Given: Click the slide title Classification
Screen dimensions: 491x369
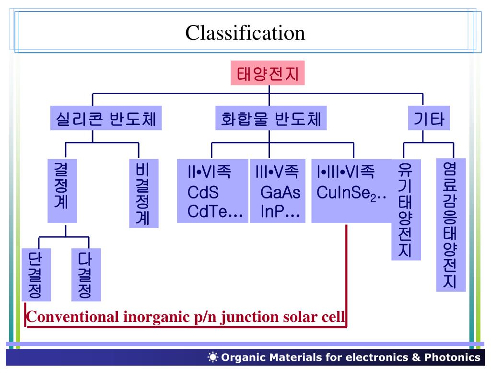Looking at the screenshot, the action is (x=245, y=33).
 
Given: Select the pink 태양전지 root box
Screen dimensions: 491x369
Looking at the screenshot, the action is (x=268, y=74).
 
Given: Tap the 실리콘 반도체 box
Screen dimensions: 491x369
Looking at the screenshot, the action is (x=106, y=118).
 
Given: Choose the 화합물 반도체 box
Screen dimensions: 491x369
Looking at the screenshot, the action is (x=271, y=118).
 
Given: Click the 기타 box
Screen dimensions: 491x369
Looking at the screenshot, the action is (x=429, y=118).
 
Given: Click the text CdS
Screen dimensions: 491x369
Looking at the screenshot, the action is (x=203, y=193).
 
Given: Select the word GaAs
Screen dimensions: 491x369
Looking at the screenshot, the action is (x=280, y=193).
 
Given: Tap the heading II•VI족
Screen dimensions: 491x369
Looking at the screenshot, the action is (x=209, y=172).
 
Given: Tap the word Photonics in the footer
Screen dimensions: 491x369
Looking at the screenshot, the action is (x=452, y=357).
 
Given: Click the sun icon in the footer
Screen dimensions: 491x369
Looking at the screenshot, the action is (x=213, y=357).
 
